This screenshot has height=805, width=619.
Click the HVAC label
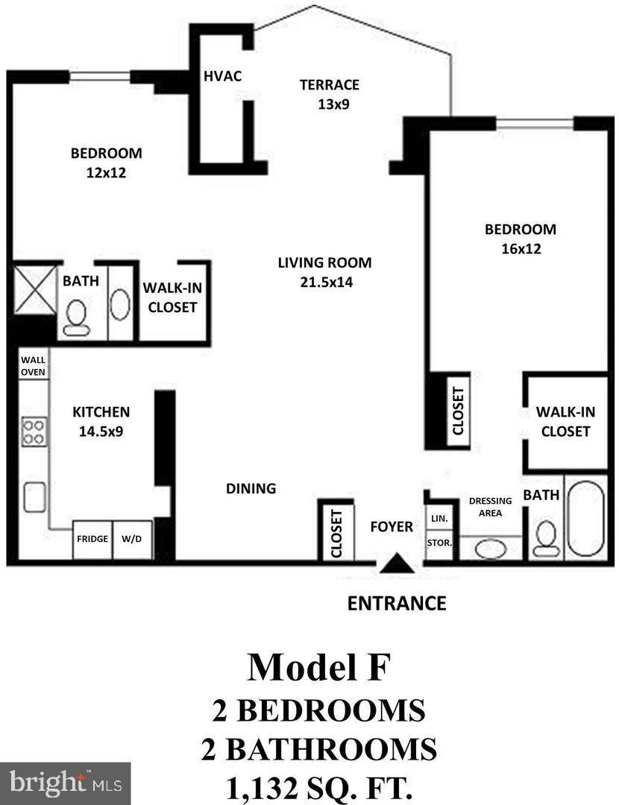(222, 76)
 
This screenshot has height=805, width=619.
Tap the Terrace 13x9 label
(329, 94)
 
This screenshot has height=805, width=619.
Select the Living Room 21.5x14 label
(324, 271)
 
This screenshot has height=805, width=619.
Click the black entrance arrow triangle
(396, 564)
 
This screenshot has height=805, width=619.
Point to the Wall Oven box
(33, 365)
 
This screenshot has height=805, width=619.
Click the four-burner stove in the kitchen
(34, 432)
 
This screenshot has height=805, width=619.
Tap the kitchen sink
(34, 497)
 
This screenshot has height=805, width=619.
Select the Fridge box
(92, 539)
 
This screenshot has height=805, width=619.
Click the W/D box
(132, 539)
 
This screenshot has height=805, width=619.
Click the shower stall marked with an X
(35, 288)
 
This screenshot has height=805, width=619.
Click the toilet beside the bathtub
(547, 537)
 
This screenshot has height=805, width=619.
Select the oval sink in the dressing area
(490, 549)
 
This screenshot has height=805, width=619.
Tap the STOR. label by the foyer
(439, 542)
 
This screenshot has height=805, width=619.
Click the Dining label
(251, 488)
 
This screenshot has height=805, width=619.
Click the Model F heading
(318, 667)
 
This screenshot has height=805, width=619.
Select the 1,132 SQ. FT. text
(318, 787)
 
